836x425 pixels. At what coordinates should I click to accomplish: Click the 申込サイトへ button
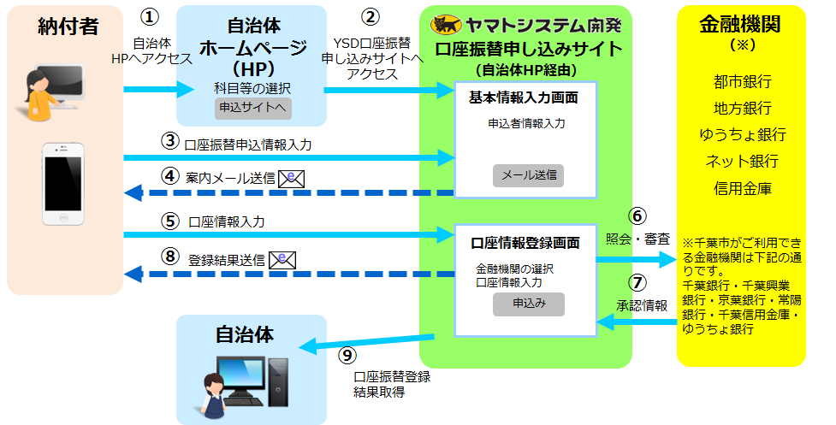click(x=252, y=109)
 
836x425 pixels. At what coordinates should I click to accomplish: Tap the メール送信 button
click(x=528, y=175)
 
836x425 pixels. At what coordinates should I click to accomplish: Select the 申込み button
click(x=528, y=304)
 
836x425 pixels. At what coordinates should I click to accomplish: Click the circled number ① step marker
click(x=151, y=18)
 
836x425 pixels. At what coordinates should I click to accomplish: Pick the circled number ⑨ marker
click(x=347, y=353)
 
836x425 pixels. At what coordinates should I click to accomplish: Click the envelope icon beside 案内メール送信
click(x=292, y=178)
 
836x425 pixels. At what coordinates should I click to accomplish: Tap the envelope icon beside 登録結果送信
click(x=282, y=260)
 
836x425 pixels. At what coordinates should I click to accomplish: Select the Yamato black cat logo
click(x=448, y=23)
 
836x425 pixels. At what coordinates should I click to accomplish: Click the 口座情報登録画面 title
click(x=524, y=243)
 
